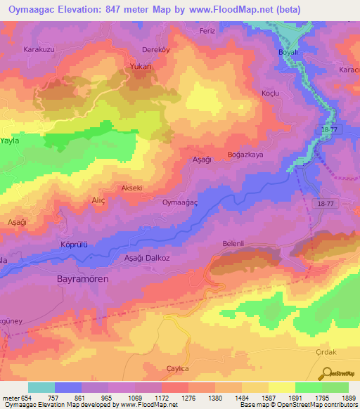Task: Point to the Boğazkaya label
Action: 245,155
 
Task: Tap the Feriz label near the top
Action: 226,31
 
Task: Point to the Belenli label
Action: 233,243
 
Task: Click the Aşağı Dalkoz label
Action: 147,259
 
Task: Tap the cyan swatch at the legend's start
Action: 41,387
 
